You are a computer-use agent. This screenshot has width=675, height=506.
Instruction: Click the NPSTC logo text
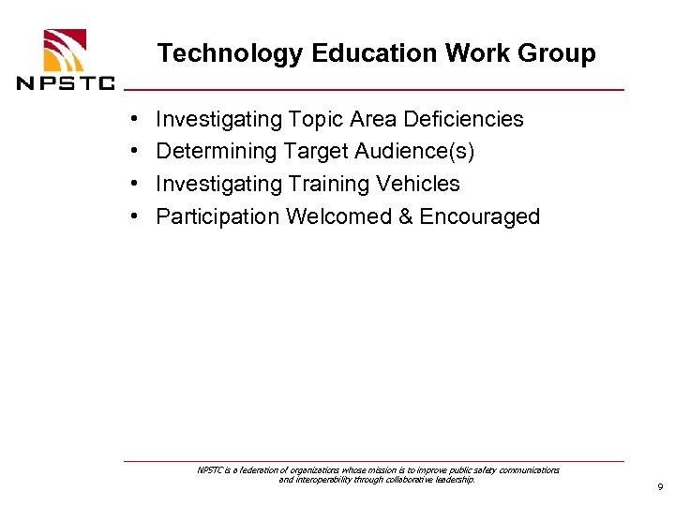click(66, 82)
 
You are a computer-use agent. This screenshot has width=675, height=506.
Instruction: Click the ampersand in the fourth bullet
click(405, 216)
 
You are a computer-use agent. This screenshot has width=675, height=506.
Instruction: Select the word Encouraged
click(480, 216)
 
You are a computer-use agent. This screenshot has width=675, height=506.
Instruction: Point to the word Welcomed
click(338, 216)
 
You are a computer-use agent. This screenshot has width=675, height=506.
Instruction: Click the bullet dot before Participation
click(136, 216)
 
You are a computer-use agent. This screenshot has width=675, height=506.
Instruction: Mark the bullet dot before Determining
click(136, 151)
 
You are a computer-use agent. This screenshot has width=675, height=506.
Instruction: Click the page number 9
click(660, 487)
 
